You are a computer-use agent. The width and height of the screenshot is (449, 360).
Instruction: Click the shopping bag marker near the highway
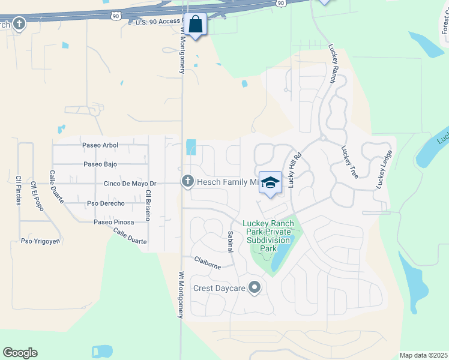coord(196,25)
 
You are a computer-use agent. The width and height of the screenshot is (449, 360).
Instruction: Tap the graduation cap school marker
coord(271,183)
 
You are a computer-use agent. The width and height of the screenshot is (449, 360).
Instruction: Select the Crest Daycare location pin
coord(255,288)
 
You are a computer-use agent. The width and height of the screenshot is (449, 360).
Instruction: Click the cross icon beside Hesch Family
coord(188,181)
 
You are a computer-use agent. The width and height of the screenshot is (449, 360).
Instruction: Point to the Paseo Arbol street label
coord(100,145)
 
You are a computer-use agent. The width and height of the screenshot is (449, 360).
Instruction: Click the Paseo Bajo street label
coord(100,164)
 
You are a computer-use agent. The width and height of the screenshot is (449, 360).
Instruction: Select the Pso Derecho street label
coord(106,203)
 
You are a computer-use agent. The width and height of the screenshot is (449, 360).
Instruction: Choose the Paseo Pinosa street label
coord(113,222)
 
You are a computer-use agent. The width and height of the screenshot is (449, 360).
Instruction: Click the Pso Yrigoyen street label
coord(41,241)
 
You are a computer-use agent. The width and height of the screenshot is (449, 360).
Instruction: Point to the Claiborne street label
coord(208,262)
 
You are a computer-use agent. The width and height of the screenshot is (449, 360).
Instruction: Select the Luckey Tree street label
coord(349,162)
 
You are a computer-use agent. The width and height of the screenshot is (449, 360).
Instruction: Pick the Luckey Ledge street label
coord(382,173)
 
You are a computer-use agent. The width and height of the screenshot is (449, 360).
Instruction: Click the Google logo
coord(20,353)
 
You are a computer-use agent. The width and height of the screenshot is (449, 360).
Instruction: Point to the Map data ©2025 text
coord(423,355)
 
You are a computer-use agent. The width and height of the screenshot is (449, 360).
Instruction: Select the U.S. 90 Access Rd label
coord(157,22)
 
